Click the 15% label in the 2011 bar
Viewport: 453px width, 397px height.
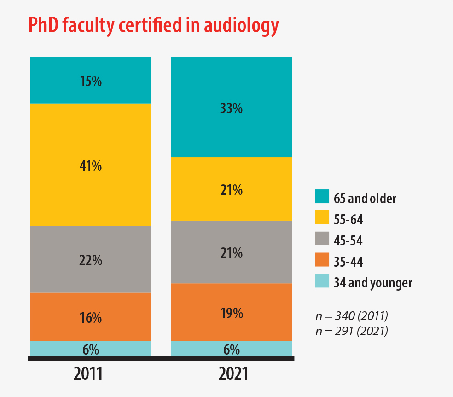click(91, 81)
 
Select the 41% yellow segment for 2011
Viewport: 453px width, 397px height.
click(91, 165)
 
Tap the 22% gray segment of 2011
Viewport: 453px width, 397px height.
click(91, 259)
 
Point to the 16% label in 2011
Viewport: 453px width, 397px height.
click(91, 318)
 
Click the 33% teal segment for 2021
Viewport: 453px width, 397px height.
click(232, 107)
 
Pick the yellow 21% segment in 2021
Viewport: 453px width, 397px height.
click(232, 189)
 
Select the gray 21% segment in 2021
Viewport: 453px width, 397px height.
click(232, 252)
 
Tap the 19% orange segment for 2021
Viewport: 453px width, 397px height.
click(232, 312)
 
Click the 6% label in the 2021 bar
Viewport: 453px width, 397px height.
click(232, 350)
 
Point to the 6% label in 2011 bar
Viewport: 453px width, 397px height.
click(91, 350)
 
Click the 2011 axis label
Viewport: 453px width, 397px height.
click(88, 374)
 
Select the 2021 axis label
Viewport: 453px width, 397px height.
click(233, 374)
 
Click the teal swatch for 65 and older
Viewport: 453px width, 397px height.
click(322, 196)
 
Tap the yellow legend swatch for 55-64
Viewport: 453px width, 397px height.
click(322, 217)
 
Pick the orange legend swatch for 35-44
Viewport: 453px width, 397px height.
click(322, 259)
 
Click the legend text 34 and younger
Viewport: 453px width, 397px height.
click(373, 283)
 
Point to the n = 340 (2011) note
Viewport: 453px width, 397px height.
click(352, 316)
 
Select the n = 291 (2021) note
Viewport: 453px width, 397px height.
click(352, 331)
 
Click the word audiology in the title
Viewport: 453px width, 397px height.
click(241, 26)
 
